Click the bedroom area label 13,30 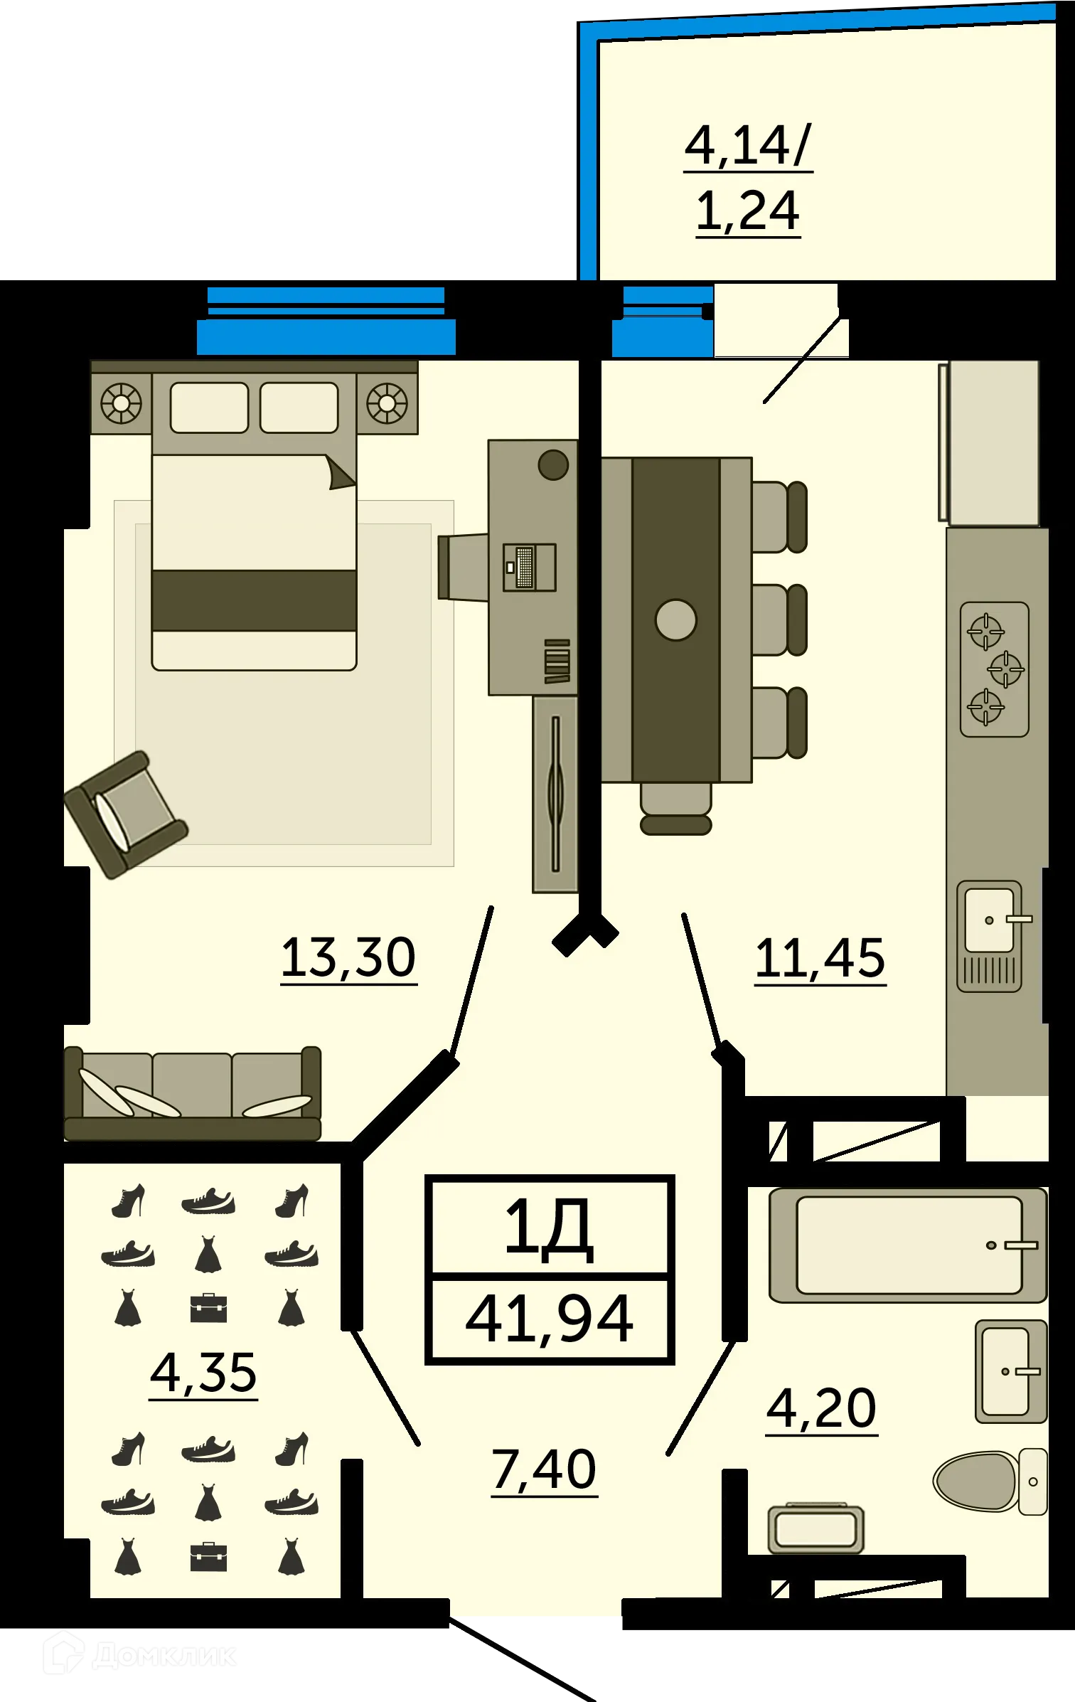[x=348, y=957]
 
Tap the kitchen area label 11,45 [x=820, y=958]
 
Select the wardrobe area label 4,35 [x=203, y=1372]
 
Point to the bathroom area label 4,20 [x=821, y=1408]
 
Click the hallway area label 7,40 [x=544, y=1469]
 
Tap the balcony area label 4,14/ [x=747, y=145]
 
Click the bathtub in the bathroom [x=908, y=1245]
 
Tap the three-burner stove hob [x=994, y=669]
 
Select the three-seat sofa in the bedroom [x=192, y=1093]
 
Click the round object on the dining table [x=675, y=619]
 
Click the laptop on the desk [x=529, y=567]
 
